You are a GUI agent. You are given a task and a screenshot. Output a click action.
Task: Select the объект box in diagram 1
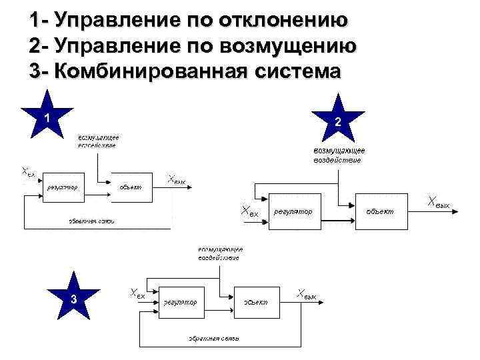pos(131,187)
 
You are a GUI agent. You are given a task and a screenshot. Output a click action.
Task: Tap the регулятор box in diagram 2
pos(293,211)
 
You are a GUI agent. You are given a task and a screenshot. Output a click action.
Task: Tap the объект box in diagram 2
pos(381,211)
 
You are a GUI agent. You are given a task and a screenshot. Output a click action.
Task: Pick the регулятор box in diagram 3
pos(180,302)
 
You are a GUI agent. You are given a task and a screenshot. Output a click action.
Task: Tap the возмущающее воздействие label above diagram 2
pos(338,155)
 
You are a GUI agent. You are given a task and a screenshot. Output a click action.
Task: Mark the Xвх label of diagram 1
pos(29,172)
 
